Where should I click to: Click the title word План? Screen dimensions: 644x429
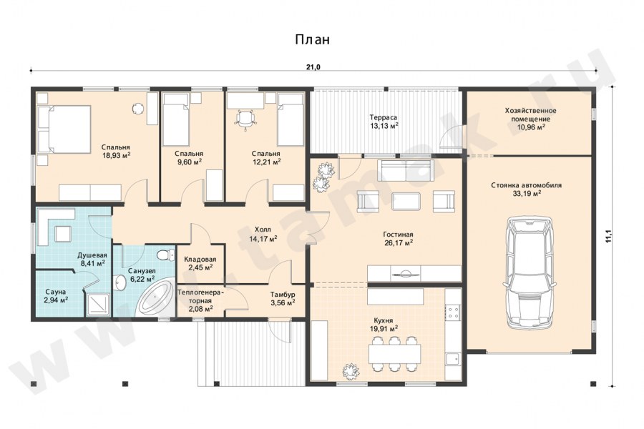pos(312,40)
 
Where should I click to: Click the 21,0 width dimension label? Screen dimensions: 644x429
pos(313,67)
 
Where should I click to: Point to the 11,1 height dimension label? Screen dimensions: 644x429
pos(609,237)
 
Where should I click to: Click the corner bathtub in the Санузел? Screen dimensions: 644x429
pos(155,300)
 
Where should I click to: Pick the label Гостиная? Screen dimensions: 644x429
pos(398,235)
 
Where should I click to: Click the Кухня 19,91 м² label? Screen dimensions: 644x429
pos(384,325)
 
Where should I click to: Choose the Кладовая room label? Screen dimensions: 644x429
pos(200,260)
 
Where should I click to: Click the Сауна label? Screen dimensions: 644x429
pos(56,292)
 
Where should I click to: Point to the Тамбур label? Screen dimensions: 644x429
pos(283,295)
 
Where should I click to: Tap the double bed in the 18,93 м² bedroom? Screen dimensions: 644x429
pos(64,129)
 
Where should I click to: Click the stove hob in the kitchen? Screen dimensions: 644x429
pos(453,312)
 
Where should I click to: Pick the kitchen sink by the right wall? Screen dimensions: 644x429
pos(453,358)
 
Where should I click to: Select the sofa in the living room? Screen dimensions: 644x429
pos(406,170)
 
